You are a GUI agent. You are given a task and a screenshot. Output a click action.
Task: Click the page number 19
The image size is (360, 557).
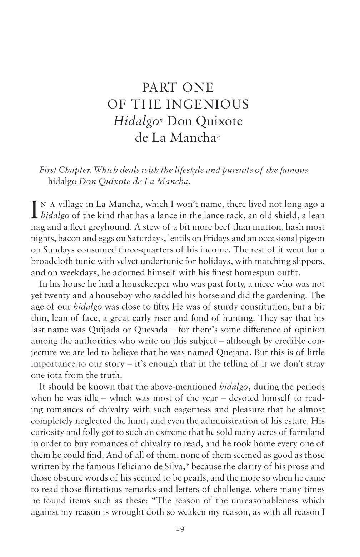pyautogui.click(x=180, y=529)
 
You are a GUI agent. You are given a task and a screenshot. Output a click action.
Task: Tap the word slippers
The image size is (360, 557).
pyautogui.click(x=309, y=261)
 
